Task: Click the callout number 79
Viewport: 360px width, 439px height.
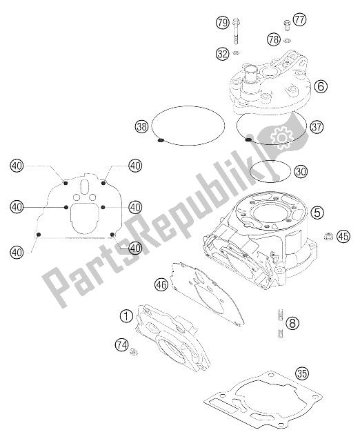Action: [223, 23]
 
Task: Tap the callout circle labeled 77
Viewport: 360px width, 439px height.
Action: [299, 20]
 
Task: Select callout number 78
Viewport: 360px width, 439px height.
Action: [274, 39]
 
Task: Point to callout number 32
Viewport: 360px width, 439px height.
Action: [223, 53]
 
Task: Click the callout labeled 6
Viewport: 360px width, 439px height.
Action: [321, 86]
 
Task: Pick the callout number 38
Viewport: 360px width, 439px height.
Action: [141, 126]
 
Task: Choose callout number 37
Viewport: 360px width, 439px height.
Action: [317, 127]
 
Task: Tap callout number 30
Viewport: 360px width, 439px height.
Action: [301, 171]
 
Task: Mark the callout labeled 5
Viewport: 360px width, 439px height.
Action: [317, 212]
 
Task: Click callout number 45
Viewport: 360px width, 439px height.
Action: [343, 236]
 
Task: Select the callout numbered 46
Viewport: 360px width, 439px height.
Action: [161, 285]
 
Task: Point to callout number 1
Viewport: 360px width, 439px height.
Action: [126, 316]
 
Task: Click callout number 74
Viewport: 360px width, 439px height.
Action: [122, 344]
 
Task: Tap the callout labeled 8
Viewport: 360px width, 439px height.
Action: [292, 323]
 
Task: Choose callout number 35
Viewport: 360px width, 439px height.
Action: [302, 373]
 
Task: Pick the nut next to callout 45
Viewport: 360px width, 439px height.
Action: [328, 237]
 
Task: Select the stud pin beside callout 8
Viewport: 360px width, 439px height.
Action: [281, 323]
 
